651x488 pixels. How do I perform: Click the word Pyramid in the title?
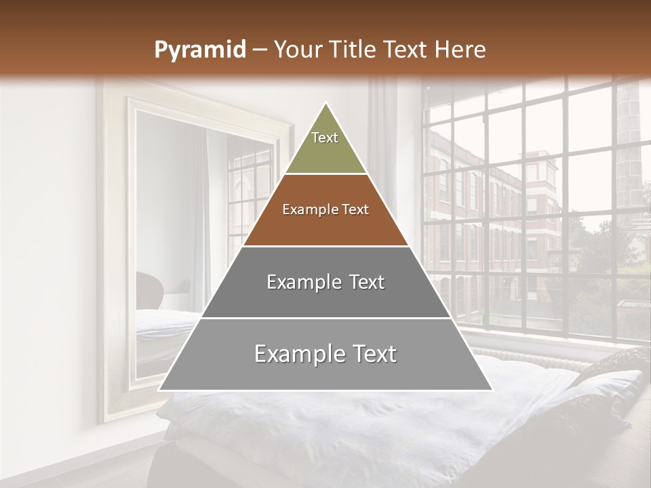pos(200,49)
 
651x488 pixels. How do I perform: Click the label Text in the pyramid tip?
pos(325,138)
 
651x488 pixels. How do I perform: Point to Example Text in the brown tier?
pos(325,209)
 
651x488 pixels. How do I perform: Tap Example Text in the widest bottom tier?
pos(325,354)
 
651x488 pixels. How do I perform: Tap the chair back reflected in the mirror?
pos(149,288)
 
